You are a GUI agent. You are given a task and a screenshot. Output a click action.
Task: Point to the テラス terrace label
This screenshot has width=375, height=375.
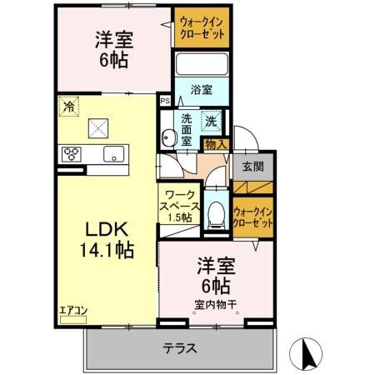coord(178,348)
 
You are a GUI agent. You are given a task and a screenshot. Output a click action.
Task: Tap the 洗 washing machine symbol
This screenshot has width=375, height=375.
coord(212,120)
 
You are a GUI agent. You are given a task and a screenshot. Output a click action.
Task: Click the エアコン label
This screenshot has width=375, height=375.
coord(72,311)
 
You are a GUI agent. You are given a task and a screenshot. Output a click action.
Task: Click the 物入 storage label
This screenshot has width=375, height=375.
coord(215,145)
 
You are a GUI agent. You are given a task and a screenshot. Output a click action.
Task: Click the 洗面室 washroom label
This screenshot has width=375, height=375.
coord(187,129)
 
